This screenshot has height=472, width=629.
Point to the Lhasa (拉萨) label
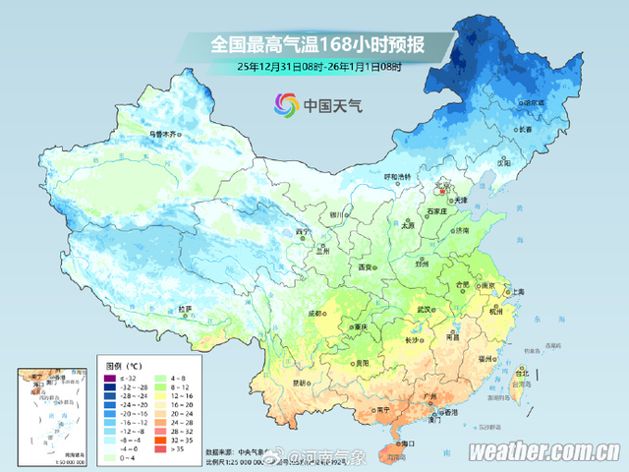[185, 308]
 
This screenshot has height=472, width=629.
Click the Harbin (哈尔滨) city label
[534, 101]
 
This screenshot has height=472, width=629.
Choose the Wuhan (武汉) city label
[424, 309]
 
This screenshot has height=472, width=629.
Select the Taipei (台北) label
[523, 374]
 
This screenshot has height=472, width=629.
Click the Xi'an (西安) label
[367, 266]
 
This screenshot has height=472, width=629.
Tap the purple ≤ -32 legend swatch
[111, 377]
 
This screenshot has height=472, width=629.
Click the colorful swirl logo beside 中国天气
[285, 103]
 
